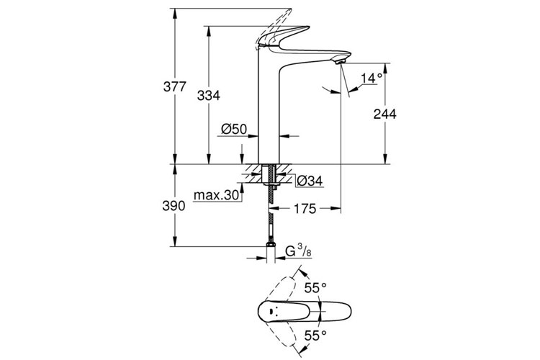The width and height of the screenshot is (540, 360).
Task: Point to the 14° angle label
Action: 371,78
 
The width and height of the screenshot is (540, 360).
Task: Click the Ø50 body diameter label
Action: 234,129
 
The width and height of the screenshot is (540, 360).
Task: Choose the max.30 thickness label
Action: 216,195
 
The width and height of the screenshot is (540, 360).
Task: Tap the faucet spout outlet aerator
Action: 341,63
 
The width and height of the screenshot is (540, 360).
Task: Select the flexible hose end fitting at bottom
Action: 271,249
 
